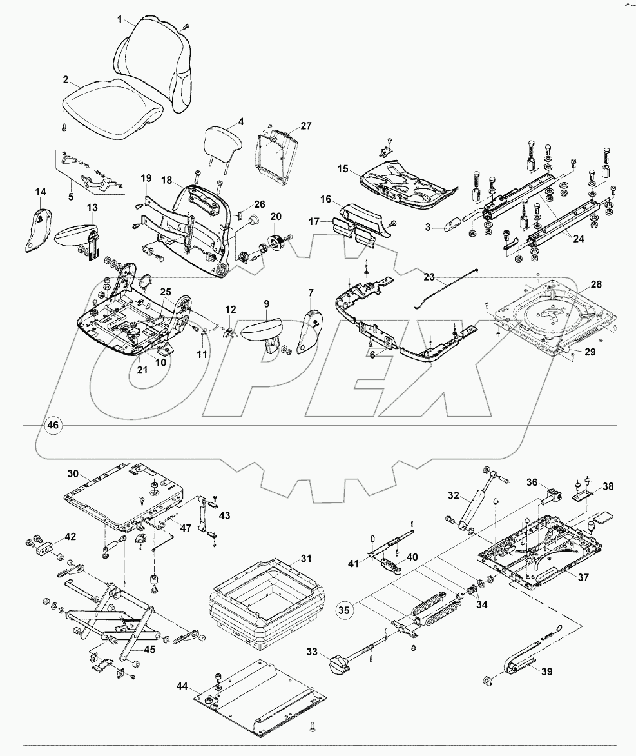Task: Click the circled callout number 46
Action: click(x=52, y=424)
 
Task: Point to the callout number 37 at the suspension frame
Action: click(x=583, y=577)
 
